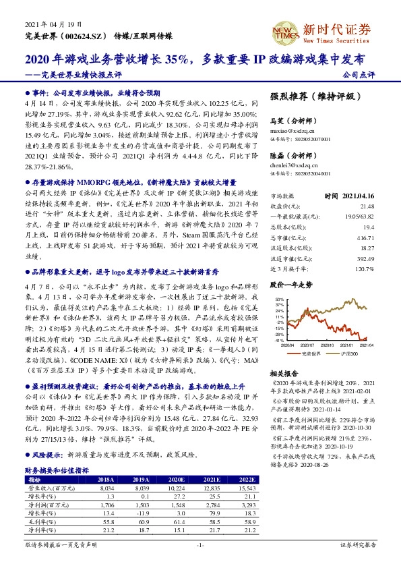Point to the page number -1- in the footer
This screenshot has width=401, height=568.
pyautogui.click(x=200, y=544)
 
